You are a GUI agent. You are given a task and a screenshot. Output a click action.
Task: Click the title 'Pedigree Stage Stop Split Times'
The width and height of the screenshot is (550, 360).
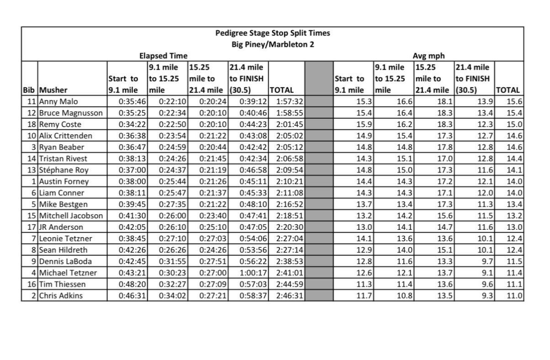coord(272,33)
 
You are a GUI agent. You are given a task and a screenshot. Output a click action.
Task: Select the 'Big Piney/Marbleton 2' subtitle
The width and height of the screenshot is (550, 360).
coord(272,44)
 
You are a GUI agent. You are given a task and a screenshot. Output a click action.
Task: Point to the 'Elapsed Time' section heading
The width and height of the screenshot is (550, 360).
coord(163,56)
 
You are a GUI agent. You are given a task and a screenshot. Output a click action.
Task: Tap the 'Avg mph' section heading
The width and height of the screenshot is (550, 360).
coord(426,56)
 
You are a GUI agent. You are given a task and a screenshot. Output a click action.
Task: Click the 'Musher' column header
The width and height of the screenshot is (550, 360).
coord(51,90)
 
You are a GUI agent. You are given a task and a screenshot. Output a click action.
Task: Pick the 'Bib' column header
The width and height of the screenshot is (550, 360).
coord(29,90)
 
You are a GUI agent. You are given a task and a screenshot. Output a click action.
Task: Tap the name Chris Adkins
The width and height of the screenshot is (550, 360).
coord(61,296)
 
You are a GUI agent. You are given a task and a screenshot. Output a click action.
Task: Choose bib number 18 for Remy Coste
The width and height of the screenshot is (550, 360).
coord(32,125)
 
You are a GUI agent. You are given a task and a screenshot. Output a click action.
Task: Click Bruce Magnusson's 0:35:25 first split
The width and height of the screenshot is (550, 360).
coord(132,113)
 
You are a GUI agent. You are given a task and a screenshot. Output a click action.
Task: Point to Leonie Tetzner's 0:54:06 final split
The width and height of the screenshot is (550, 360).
coord(250,239)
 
